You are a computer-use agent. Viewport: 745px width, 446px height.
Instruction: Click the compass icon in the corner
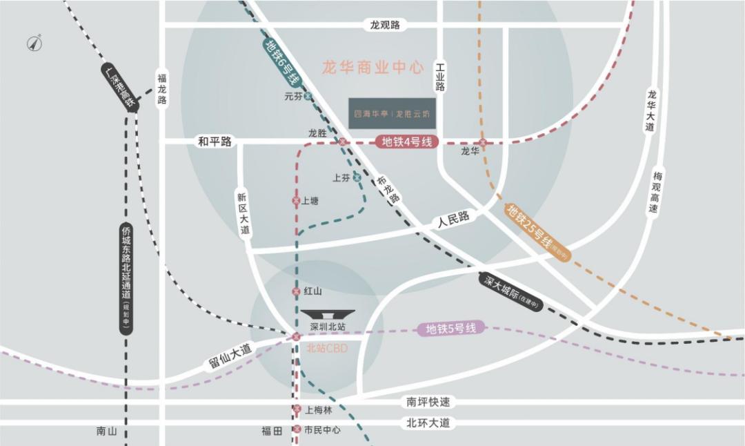[34, 43]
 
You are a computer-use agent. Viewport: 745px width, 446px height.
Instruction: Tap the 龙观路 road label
[385, 26]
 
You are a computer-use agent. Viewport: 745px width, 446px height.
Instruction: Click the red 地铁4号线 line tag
[407, 142]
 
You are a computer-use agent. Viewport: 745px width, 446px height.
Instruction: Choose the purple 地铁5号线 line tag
[451, 329]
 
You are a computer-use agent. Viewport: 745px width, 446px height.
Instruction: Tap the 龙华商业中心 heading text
[372, 68]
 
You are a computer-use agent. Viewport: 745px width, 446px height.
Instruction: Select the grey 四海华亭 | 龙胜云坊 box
[392, 113]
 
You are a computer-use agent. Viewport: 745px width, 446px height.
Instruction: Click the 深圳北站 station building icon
[327, 314]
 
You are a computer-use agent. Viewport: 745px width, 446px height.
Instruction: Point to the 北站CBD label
[327, 349]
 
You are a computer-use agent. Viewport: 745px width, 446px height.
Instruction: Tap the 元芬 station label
[293, 97]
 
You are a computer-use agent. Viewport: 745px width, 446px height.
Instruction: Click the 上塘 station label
[310, 201]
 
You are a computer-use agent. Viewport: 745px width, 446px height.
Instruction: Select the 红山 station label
[312, 292]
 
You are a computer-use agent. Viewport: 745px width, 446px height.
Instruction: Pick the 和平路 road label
[215, 142]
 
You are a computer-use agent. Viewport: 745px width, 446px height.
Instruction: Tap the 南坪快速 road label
[428, 402]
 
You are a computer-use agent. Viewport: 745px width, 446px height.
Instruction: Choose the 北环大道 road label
[428, 423]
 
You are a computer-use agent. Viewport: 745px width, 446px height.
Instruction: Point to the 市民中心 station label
[322, 429]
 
